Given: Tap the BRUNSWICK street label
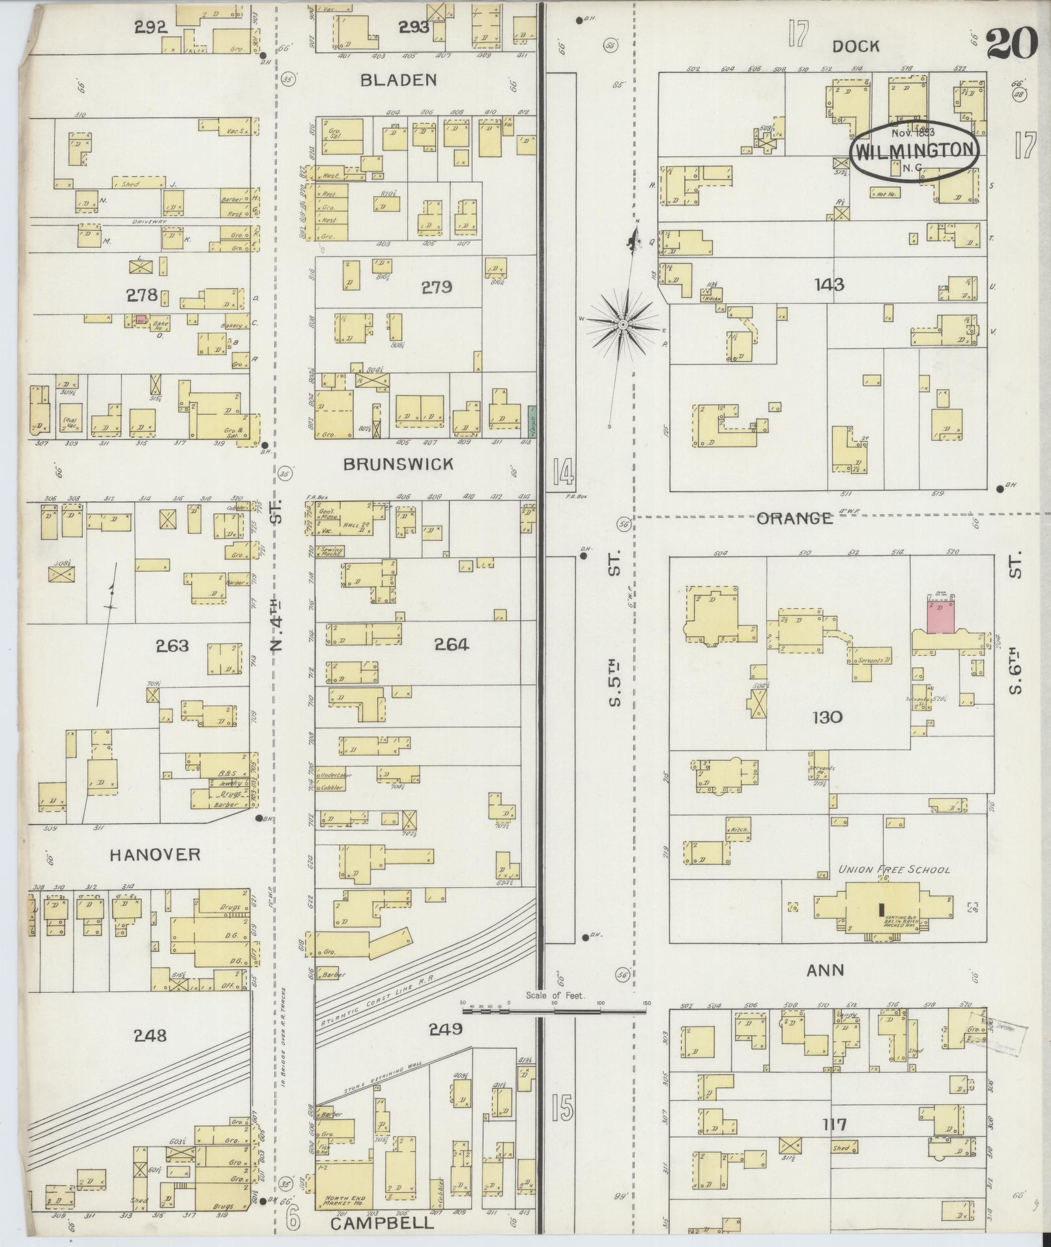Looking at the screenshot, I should (398, 464).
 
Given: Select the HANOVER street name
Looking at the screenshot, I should (155, 855).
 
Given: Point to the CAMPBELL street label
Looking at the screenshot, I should (382, 1224).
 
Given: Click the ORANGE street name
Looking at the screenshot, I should (794, 518).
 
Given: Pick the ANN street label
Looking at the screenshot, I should (826, 988).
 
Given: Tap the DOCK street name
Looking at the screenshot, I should (856, 46).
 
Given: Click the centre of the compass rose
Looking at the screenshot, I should (623, 324).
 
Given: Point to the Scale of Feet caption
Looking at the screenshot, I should (556, 1014).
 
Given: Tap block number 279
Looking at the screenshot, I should (437, 287).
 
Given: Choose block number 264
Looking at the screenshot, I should (452, 645).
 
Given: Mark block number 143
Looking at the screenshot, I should (829, 284).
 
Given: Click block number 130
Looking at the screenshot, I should (828, 718).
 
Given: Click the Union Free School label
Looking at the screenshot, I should (893, 870).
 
